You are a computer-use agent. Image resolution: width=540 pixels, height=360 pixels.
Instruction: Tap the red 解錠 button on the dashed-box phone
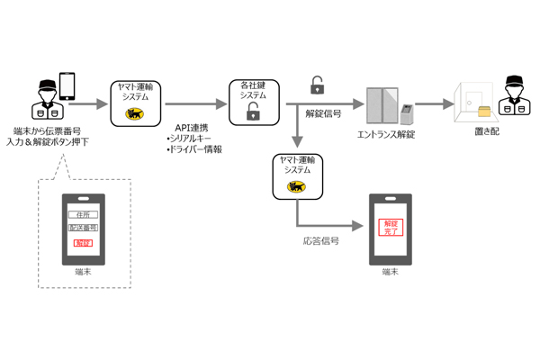tap(84, 243)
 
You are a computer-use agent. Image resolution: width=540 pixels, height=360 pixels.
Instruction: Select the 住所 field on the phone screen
tap(84, 214)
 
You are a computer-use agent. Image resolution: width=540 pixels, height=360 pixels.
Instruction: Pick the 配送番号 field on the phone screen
tap(84, 229)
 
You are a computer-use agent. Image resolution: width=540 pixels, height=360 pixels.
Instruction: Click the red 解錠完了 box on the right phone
tap(390, 227)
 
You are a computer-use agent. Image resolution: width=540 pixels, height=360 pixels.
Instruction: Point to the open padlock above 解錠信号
tap(317, 85)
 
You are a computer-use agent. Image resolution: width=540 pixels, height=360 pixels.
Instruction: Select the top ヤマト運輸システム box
tap(135, 102)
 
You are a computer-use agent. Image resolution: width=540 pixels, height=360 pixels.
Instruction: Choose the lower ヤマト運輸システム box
tap(294, 176)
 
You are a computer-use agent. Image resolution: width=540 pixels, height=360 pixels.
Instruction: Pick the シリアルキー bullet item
tap(192, 138)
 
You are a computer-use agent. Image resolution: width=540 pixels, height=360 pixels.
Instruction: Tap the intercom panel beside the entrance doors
tap(406, 113)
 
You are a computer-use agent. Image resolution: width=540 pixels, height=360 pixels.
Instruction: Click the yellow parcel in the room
tap(487, 112)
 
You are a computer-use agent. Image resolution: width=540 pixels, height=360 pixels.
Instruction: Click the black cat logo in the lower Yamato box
tap(294, 186)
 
